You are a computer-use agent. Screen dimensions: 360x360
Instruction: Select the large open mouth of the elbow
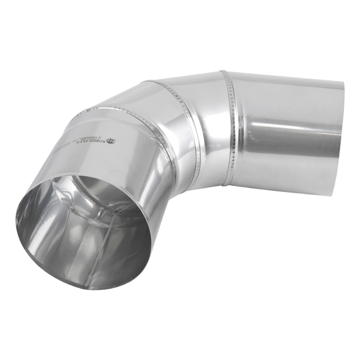point(84,232)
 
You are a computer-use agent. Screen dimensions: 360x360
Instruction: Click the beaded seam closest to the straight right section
point(232,130)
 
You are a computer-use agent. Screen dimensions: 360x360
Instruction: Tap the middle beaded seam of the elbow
point(183,116)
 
